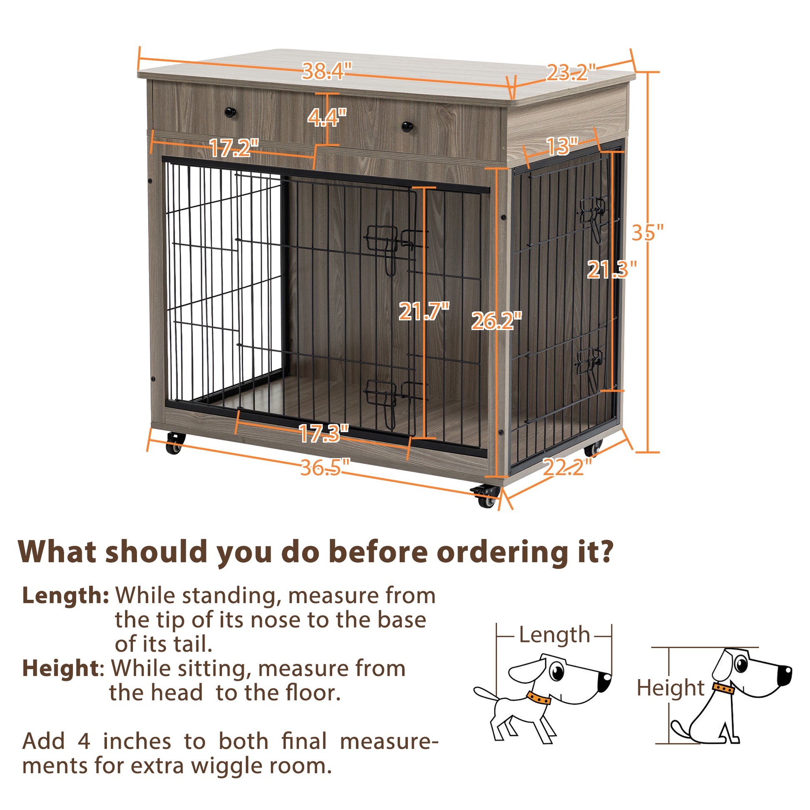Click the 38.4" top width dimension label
coord(327,71)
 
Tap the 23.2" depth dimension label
coord(571,73)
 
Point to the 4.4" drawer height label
coord(327,118)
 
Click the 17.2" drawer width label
coord(234,148)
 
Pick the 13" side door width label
coord(562,147)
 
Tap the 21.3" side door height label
coord(611,270)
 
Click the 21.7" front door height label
coord(423,311)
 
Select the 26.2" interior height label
coord(497,322)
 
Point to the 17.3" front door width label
coord(323,433)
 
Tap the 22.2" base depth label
coord(567,467)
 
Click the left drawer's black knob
coord(230,112)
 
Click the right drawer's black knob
coord(407,126)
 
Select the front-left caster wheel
coord(174,447)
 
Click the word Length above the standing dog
coord(554,635)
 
